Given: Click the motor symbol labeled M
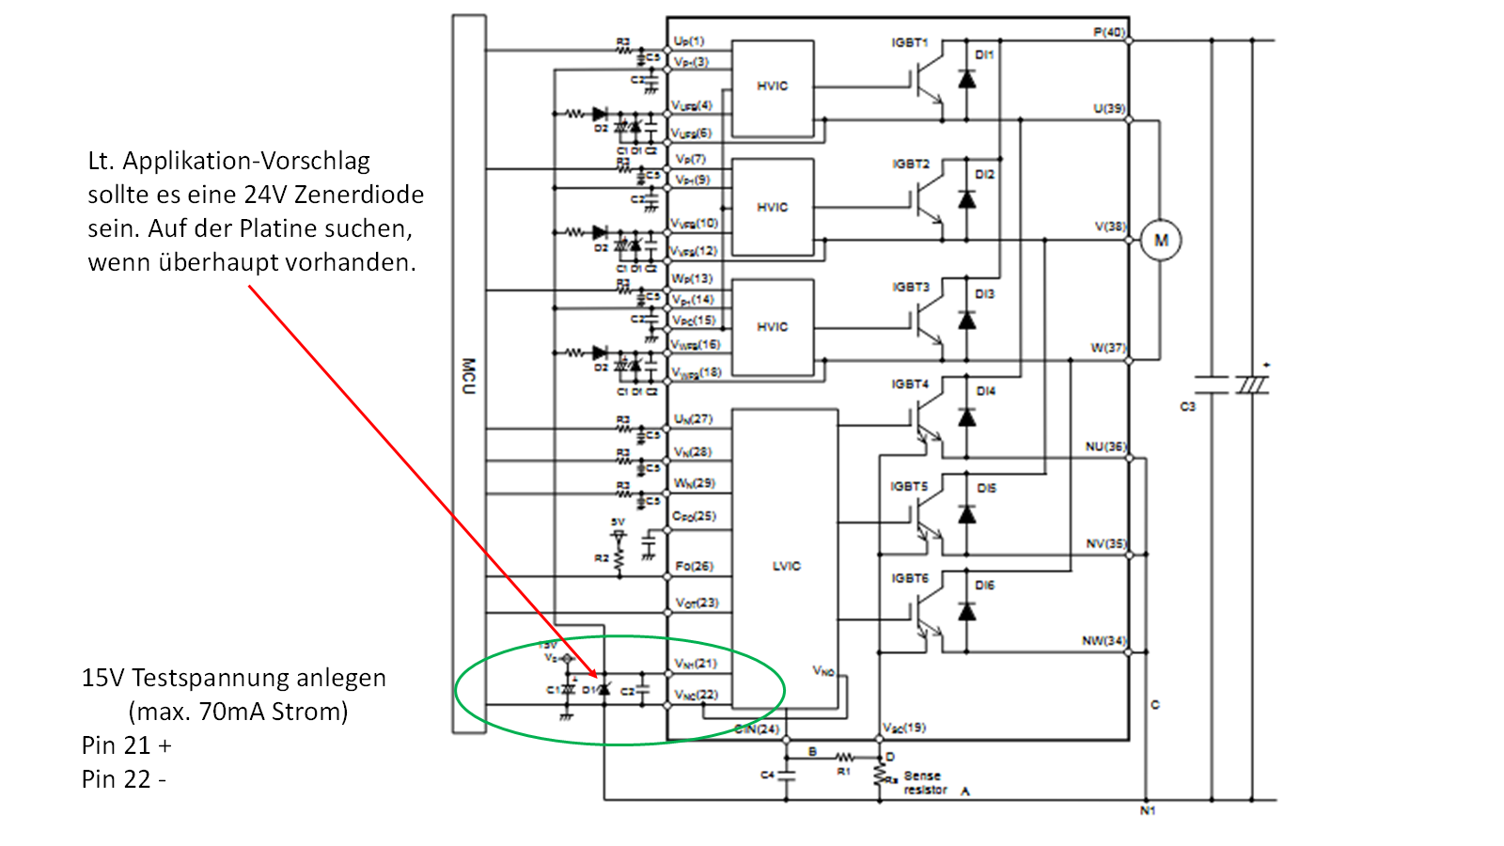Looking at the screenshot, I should pos(1161,241).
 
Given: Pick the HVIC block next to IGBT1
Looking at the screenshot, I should pos(773,87).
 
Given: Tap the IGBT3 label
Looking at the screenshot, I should pos(910,287).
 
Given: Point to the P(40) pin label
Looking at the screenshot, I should pos(1109,32).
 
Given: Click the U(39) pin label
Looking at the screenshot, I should pos(1109,108).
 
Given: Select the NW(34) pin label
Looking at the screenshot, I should pos(1103,640).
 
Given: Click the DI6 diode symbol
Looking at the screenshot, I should pos(966,612).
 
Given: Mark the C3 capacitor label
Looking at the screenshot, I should pos(1187,406).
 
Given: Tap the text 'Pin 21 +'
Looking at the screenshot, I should pos(127,745).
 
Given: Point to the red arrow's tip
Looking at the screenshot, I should pos(596,676).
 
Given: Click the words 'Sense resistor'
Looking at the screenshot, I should pos(925,783).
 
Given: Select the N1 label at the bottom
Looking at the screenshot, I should pos(1148,810).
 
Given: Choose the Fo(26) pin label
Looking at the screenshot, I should pos(694,566).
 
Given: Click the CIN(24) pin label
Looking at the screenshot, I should pos(757,728).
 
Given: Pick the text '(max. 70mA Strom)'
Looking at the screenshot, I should pos(238,712).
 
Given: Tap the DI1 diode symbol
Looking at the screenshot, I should pos(966,79).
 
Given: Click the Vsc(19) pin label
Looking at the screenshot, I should pos(904,728).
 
